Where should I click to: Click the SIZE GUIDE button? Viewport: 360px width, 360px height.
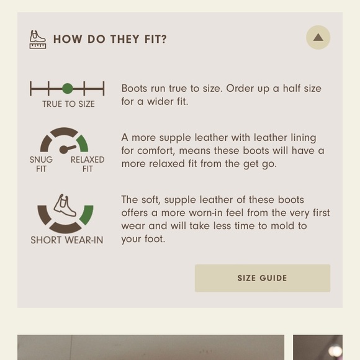[263, 278]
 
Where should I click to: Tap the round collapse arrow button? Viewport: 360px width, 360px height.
[318, 37]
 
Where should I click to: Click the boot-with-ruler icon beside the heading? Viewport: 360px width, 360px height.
[38, 40]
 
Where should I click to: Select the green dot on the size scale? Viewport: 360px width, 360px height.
[68, 89]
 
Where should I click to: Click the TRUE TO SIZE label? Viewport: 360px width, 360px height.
[68, 104]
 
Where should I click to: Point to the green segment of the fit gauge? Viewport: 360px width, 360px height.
[83, 143]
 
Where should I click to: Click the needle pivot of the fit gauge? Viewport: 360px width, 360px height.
[63, 150]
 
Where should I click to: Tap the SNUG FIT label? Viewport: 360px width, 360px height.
[41, 164]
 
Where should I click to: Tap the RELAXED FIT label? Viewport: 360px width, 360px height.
[88, 164]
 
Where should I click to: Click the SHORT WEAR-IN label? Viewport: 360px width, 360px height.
[67, 240]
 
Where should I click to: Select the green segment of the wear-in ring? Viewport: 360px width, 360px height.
[87, 215]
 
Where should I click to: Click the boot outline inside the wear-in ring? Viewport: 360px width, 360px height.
[65, 205]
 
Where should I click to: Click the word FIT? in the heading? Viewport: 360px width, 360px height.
[155, 39]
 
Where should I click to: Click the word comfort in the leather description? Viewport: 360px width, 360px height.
[151, 151]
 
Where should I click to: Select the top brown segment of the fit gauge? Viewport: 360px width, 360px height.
[64, 132]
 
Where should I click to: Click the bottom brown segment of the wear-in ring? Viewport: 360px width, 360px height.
[65, 228]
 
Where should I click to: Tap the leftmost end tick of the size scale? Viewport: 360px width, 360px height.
[31, 89]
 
